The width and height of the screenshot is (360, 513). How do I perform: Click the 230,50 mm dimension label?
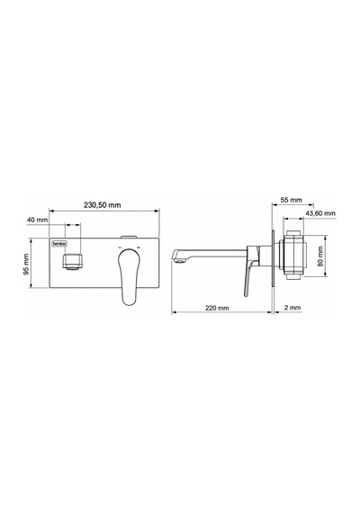(x=102, y=205)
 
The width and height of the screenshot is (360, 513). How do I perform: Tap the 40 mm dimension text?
(x=37, y=220)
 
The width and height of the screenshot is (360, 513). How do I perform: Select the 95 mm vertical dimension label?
(x=27, y=264)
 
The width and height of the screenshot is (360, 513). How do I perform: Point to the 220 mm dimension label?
(x=217, y=308)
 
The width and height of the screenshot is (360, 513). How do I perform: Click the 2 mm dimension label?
(x=292, y=308)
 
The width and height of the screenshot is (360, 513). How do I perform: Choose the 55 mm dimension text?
(x=292, y=200)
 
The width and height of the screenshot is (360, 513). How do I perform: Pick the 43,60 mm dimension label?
(x=320, y=213)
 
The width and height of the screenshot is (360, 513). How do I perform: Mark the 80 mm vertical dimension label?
(x=320, y=256)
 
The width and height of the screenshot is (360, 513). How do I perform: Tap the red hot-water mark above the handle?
(x=120, y=247)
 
